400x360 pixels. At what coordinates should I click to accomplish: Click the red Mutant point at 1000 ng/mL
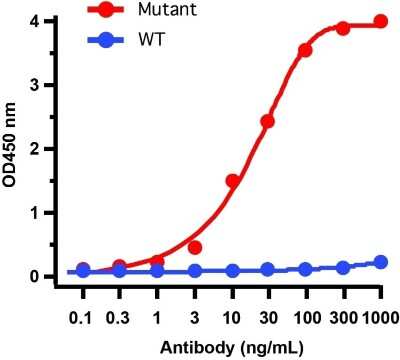coord(380,21)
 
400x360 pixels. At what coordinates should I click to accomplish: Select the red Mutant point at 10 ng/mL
coord(232,181)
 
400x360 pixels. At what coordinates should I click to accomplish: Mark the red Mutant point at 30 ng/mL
coord(267,121)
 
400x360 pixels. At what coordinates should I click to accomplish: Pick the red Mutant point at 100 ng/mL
coord(305,50)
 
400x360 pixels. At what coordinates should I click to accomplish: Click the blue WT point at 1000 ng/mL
coord(380,262)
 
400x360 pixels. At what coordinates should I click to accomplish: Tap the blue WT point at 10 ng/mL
coord(232,270)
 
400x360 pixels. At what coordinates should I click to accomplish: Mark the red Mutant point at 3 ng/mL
coord(195,247)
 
